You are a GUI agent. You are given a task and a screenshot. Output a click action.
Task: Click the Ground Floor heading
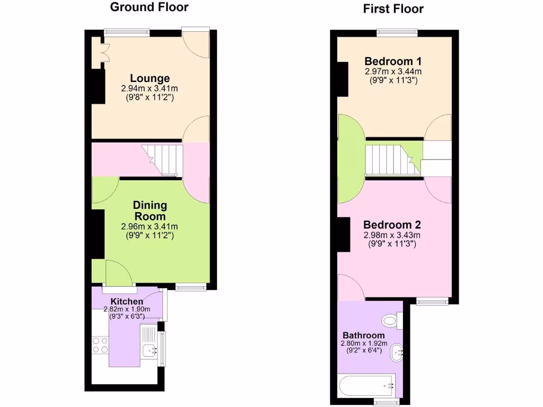149,7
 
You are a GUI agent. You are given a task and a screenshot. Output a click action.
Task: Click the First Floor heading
393,9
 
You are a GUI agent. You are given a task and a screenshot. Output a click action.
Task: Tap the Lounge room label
150,79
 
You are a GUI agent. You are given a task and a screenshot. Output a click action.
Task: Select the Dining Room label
150,210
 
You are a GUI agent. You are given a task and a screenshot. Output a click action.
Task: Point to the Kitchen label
127,302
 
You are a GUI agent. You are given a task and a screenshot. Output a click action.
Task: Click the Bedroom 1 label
393,60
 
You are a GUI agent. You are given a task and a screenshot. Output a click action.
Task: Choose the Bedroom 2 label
392,225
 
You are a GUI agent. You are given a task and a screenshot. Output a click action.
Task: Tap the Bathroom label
364,335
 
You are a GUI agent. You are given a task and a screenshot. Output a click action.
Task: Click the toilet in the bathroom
391,320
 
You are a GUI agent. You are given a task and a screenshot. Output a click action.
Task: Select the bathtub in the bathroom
366,385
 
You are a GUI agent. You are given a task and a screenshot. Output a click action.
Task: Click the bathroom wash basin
397,351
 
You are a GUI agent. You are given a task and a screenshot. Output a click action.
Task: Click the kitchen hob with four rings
100,346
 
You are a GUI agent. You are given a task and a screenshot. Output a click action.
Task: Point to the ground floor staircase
162,160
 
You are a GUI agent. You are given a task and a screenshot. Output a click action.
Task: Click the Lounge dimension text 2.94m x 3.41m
150,89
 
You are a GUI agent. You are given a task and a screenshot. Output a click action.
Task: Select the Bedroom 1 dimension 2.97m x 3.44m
393,71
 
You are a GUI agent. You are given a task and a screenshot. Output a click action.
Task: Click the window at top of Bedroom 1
397,32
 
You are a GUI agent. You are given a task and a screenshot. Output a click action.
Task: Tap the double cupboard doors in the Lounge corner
101,52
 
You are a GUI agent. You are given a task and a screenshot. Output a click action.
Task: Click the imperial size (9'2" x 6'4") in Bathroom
364,350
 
